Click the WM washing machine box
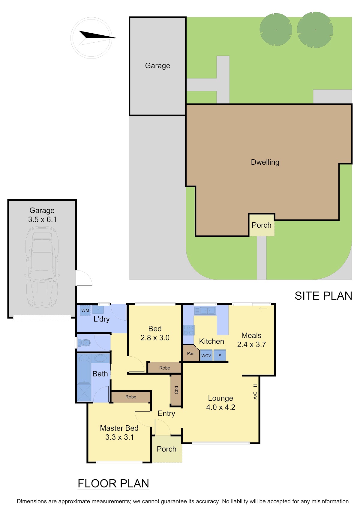coord(85,310)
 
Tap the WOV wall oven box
coord(206,355)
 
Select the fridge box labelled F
coord(220,355)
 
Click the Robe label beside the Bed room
coord(164,368)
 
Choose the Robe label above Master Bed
coord(131,397)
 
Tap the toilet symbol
coord(84,343)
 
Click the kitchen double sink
coord(205,310)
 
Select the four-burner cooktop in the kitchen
coord(189,330)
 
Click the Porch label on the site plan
coord(261,225)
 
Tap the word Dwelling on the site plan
coord(265,162)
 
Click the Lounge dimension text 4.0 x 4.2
coord(220,407)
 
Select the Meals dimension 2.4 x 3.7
coord(251,344)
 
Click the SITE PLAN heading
coord(323,296)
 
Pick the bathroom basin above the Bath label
coord(100,358)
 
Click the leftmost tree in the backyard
coord(276,29)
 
